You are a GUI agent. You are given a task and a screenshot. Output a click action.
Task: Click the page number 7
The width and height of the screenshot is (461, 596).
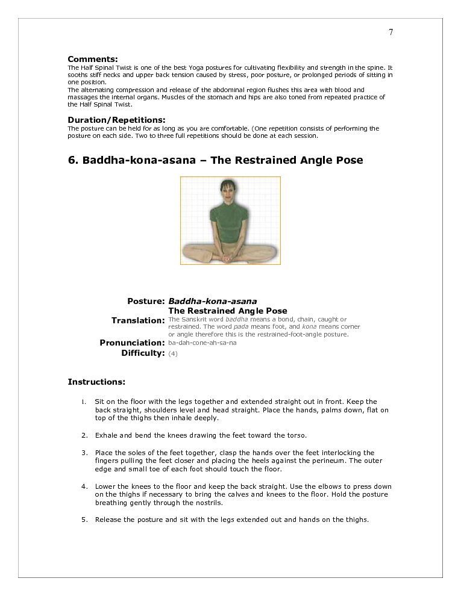pyautogui.click(x=390, y=33)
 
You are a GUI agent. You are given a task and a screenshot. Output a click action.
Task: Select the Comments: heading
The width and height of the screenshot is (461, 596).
pyautogui.click(x=92, y=59)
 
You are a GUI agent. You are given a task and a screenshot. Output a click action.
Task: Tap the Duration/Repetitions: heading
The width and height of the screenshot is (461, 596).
pyautogui.click(x=116, y=120)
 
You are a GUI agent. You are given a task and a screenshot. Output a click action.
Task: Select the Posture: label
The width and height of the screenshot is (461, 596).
pyautogui.click(x=146, y=301)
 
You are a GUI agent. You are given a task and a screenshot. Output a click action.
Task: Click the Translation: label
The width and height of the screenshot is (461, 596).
pyautogui.click(x=138, y=320)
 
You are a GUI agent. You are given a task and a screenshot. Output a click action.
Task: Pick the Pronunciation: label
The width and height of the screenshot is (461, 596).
pyautogui.click(x=132, y=343)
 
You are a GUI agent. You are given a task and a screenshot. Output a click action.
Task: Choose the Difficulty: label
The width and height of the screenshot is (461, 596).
pyautogui.click(x=143, y=353)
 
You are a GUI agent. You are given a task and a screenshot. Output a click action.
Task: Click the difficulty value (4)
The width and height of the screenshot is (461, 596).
pyautogui.click(x=173, y=353)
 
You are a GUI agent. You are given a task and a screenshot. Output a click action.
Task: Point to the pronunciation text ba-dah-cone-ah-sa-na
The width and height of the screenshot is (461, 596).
pyautogui.click(x=202, y=343)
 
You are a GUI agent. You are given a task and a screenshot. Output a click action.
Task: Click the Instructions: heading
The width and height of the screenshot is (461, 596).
pyautogui.click(x=96, y=382)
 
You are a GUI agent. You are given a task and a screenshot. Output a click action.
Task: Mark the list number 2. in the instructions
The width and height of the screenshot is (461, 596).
pyautogui.click(x=85, y=435)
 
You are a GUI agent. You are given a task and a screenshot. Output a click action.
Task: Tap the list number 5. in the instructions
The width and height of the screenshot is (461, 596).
pyautogui.click(x=85, y=520)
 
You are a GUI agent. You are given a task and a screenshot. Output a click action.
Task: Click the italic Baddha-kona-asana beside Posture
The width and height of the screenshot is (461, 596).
pyautogui.click(x=212, y=301)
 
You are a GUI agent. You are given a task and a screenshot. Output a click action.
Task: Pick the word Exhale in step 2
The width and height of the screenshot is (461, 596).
pyautogui.click(x=106, y=435)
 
